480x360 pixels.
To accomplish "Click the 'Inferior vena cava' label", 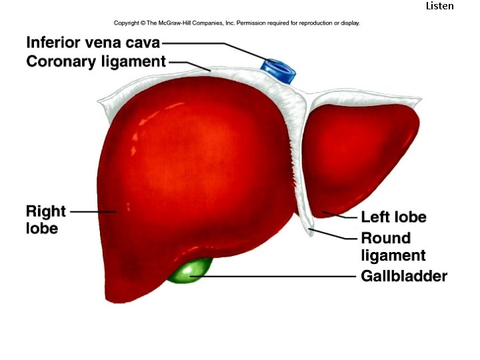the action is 93,43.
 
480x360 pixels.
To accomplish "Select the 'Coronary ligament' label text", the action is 95,62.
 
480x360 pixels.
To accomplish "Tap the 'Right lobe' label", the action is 45,220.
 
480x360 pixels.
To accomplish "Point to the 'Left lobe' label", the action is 393,217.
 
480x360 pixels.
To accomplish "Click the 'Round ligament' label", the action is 393,246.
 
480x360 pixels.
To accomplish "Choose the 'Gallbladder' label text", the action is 403,276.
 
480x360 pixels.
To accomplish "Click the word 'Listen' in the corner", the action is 439,6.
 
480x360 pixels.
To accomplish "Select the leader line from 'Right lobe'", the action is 93,211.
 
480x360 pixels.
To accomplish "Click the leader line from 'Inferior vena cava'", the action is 213,44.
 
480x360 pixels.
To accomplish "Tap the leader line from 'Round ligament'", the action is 337,235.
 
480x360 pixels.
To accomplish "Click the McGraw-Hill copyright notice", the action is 237,23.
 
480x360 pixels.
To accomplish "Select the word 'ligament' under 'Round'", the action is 393,255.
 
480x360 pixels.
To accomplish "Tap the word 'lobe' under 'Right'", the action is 42,229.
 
